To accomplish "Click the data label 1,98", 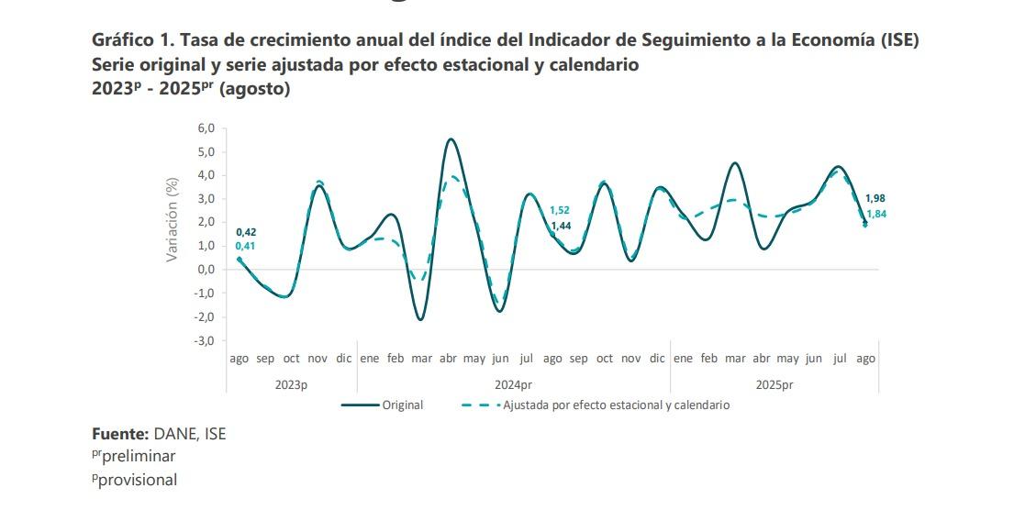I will click(875, 198).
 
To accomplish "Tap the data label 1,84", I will click(875, 214).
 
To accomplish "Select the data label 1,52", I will click(560, 210).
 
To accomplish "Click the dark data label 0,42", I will click(246, 232).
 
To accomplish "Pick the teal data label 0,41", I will click(246, 246).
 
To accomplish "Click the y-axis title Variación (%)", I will click(172, 220).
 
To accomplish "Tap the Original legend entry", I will click(402, 405).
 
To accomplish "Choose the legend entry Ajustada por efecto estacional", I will click(615, 405).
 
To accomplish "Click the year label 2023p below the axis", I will click(292, 384).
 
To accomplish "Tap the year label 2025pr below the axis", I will click(774, 384).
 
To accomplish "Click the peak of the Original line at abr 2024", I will click(450, 139).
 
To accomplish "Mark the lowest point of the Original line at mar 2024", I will click(420, 319).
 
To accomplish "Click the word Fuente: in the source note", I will click(120, 434).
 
